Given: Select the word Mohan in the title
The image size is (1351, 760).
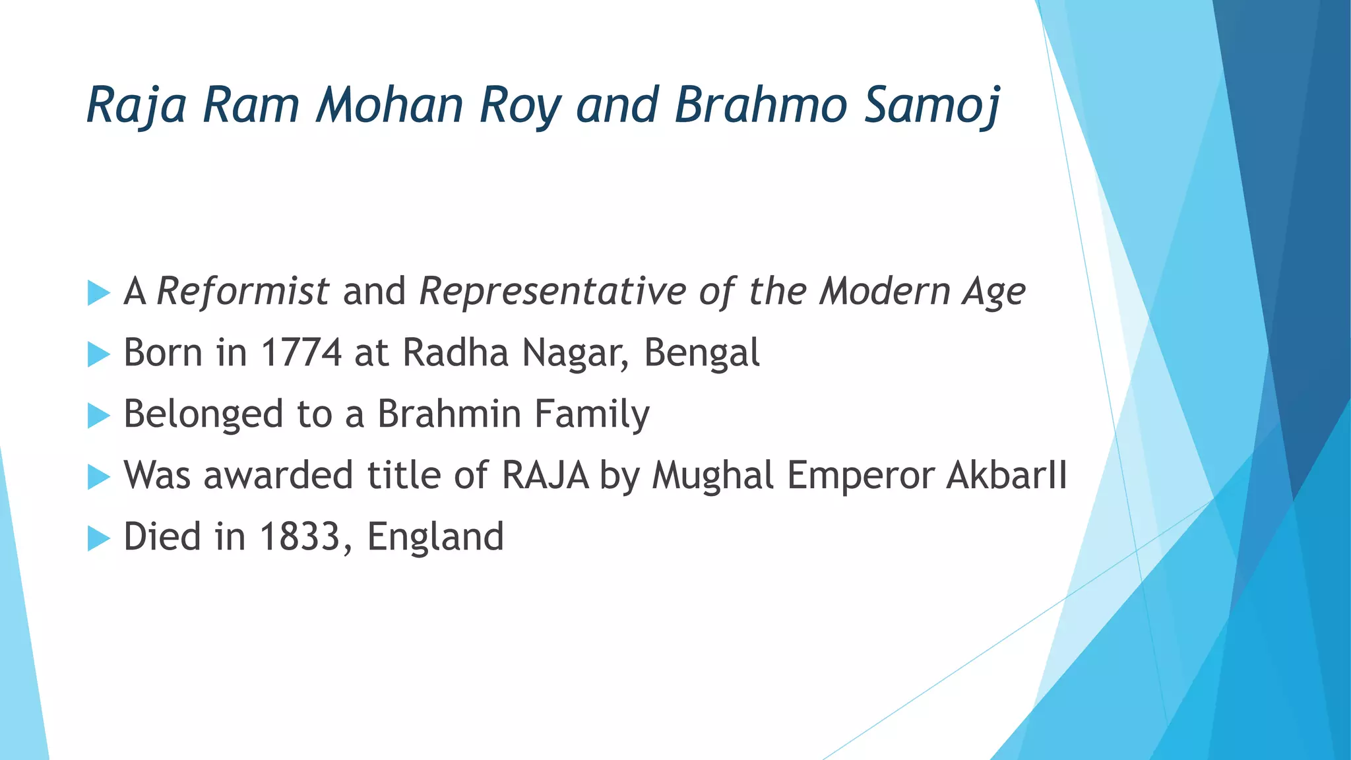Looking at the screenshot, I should (389, 105).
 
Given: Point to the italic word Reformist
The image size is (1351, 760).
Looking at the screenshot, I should (243, 291).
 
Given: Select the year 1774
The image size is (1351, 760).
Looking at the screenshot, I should (301, 352).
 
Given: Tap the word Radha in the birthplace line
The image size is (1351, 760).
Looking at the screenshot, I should (456, 352).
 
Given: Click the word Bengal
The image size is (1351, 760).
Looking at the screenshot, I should (701, 354).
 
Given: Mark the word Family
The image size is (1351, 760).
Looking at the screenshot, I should (592, 415).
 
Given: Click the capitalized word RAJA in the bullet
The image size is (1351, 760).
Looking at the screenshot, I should (545, 475).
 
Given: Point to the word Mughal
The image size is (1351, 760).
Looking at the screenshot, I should (712, 476).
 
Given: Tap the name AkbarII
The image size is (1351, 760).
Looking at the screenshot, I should (1006, 475).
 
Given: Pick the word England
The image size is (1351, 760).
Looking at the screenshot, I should (435, 538).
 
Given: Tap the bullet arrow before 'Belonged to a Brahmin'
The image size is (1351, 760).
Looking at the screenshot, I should (98, 416).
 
